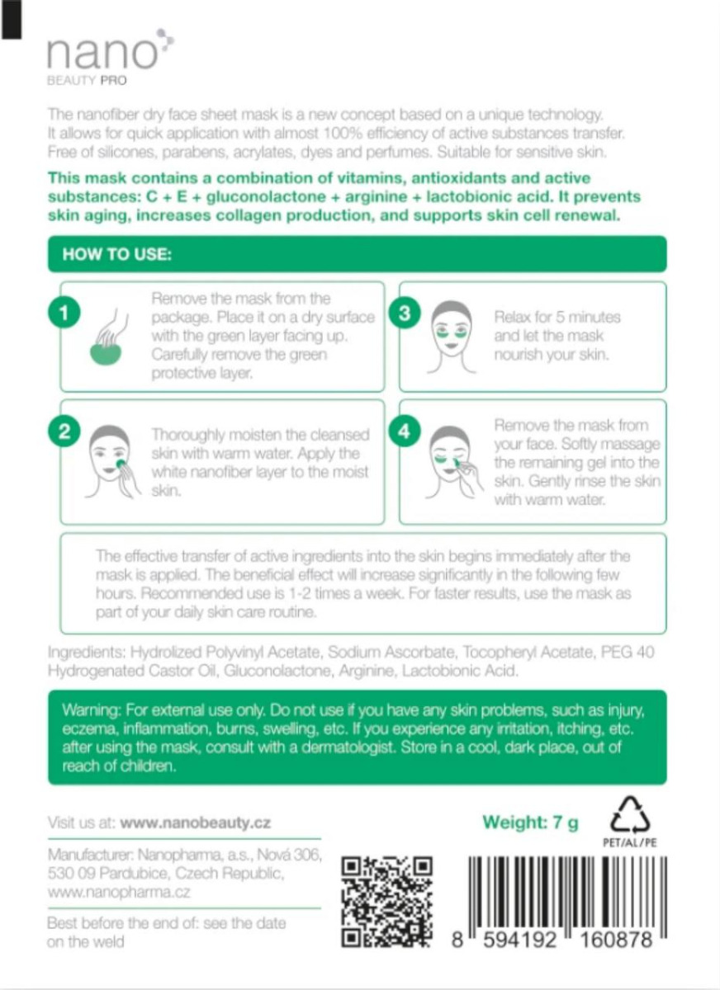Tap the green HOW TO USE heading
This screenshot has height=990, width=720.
pyautogui.click(x=116, y=254)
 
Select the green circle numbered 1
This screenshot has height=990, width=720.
pyautogui.click(x=64, y=313)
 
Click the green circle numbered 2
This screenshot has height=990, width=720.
pyautogui.click(x=64, y=431)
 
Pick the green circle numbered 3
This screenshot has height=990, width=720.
pyautogui.click(x=405, y=313)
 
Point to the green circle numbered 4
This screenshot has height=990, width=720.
pyautogui.click(x=405, y=431)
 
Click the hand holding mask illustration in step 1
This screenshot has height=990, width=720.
pyautogui.click(x=108, y=337)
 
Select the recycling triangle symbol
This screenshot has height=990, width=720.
pyautogui.click(x=630, y=815)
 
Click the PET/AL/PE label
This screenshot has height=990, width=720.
pyautogui.click(x=630, y=843)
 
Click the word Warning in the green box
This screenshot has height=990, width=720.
pyautogui.click(x=92, y=710)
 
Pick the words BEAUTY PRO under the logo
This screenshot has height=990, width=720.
pyautogui.click(x=87, y=81)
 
